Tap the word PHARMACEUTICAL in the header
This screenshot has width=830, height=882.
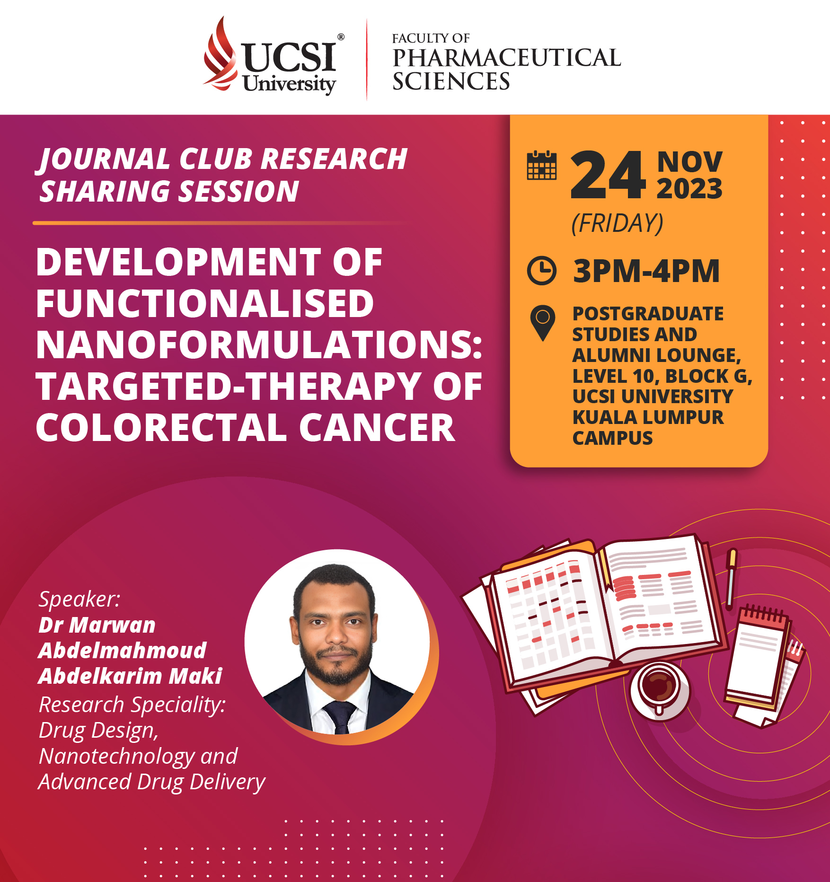point(506,58)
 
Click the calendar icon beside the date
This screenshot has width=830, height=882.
point(542,166)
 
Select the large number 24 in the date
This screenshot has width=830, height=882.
point(608,175)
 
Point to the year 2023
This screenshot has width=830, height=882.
point(689,189)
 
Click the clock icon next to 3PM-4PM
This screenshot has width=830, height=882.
point(542,271)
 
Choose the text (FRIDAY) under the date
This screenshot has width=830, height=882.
point(618,223)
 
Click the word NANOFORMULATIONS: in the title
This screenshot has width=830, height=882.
point(259,345)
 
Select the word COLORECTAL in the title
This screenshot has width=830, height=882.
point(161,428)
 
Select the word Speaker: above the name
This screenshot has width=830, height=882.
point(79,599)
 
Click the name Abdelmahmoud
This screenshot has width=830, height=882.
point(123,651)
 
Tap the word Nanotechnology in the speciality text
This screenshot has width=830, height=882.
point(116,757)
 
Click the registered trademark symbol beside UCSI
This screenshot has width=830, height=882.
point(341,37)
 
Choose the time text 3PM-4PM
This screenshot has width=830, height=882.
point(646,271)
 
